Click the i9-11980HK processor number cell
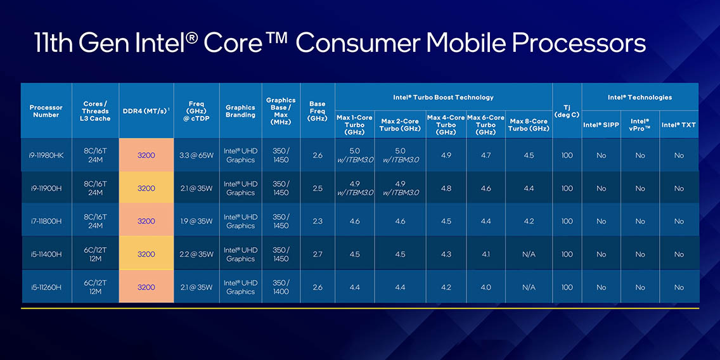46,155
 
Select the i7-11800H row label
46,221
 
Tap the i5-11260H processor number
46,287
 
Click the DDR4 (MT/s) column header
146,111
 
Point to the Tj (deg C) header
567,111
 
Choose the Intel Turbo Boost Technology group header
443,97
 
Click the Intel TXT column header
679,125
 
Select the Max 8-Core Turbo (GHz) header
529,125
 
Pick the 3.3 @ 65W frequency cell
195,155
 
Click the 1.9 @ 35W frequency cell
195,221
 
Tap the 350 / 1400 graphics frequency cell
281,287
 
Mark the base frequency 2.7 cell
317,254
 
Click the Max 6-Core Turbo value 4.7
485,155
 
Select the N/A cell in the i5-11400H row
529,254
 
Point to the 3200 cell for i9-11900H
146,188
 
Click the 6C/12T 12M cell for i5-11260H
95,287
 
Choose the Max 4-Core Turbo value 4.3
446,254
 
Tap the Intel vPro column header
640,125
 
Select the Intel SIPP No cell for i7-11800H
601,221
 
